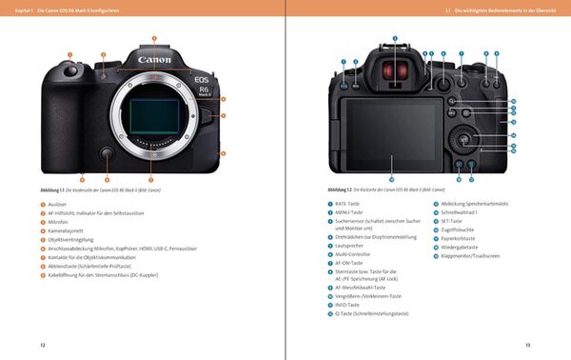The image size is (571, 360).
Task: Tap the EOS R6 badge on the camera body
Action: point(202,86)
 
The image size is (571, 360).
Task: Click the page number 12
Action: point(42,344)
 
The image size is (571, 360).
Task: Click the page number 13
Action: point(528,344)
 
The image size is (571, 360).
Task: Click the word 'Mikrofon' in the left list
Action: point(60,221)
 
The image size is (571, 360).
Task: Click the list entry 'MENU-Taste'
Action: point(349,212)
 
